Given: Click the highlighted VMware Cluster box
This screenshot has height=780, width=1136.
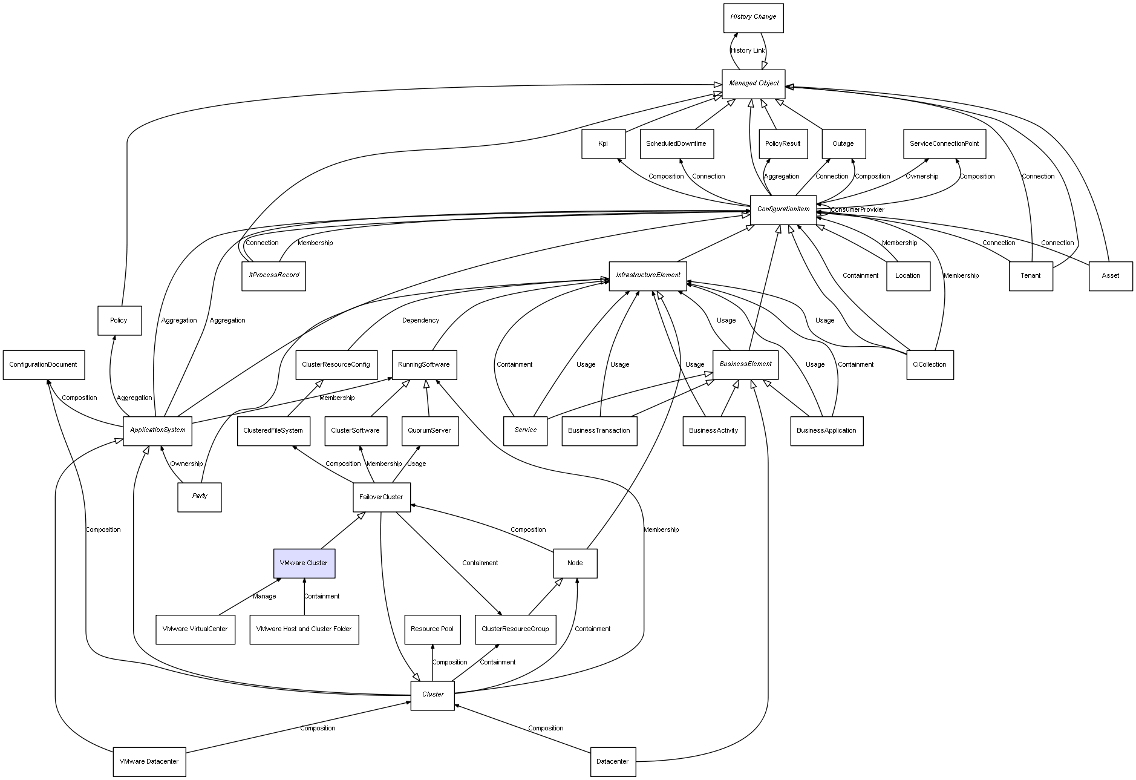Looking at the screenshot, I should point(304,563).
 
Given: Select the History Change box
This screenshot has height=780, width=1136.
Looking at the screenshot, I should point(753,17).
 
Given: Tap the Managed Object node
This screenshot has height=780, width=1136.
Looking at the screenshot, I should point(753,84).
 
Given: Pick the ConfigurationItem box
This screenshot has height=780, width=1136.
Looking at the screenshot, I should point(783,209).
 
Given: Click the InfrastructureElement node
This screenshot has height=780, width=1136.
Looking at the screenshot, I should point(648,275).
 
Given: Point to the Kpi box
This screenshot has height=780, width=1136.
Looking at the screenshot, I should point(603,144).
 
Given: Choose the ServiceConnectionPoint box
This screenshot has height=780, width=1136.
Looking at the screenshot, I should point(944,144).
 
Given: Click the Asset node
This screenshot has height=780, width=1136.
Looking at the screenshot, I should point(1110,276).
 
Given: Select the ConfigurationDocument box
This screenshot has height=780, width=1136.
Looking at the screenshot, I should point(43,365).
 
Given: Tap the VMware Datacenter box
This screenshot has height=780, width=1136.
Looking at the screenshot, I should point(149,762).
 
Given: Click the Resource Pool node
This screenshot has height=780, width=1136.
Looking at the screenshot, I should point(432,629).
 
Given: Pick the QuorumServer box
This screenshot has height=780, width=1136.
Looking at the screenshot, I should point(429,431).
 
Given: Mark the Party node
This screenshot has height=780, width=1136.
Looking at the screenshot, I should point(199,497).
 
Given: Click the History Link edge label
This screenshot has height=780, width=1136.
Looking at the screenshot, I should point(748,51).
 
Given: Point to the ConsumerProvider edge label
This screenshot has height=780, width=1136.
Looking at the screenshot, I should point(857,210).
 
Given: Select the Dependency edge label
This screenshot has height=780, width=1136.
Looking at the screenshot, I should point(420,321).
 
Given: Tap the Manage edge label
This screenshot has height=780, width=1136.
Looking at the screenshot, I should point(264,597).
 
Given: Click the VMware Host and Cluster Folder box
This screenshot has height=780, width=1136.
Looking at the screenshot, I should point(304,629).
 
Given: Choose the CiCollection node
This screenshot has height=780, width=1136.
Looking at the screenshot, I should point(929,365).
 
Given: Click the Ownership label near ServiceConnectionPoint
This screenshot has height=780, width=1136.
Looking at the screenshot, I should point(922,177).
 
